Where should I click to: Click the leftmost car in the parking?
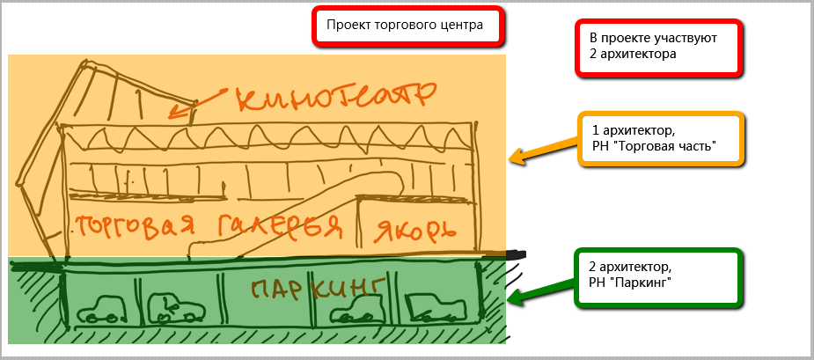100,310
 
